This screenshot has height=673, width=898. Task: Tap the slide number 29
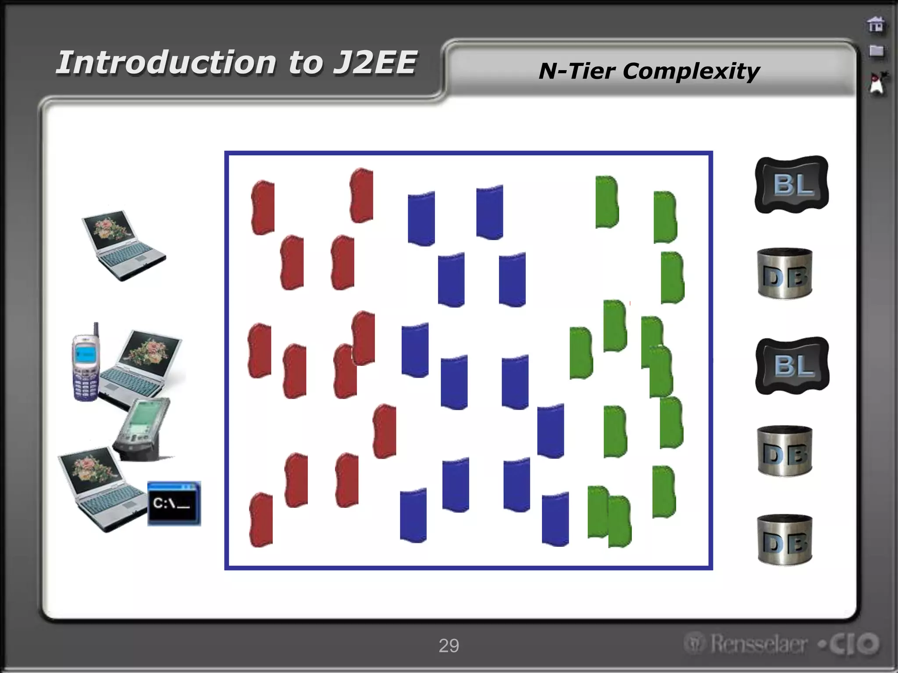click(449, 645)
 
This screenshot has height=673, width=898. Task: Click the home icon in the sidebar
click(876, 25)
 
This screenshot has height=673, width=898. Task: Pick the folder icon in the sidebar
click(876, 51)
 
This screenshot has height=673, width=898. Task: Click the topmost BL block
click(791, 184)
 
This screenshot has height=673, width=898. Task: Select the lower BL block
click(792, 365)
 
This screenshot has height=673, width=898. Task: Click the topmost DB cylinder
click(785, 274)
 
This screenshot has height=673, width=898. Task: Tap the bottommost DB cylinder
click(785, 539)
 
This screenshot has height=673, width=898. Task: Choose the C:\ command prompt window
click(174, 503)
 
